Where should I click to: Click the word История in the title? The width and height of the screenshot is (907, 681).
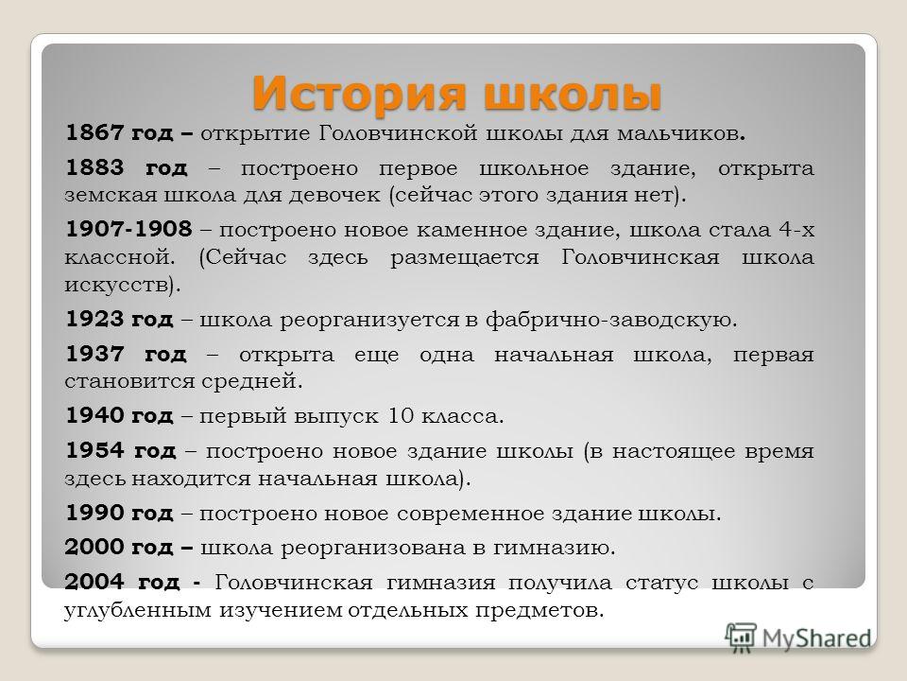(x=359, y=93)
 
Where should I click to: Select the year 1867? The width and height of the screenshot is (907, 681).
(x=94, y=132)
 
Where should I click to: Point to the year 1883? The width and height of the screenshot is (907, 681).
(x=94, y=167)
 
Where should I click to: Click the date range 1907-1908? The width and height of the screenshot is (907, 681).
(x=128, y=229)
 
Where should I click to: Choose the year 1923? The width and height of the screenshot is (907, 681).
(x=94, y=319)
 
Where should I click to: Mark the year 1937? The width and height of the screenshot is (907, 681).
(x=94, y=353)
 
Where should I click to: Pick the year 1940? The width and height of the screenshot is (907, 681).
(x=94, y=415)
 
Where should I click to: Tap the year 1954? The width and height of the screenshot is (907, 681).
(x=94, y=450)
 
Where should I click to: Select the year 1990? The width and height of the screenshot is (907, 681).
(x=94, y=513)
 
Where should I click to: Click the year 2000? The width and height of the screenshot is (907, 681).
(x=94, y=547)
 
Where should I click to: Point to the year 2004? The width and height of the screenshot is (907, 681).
(x=94, y=582)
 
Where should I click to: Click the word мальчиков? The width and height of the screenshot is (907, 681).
(x=681, y=133)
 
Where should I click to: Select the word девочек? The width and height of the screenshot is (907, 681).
(x=334, y=195)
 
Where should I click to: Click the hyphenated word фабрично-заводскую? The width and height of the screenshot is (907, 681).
(x=611, y=320)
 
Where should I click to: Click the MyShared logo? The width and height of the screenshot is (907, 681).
(x=798, y=637)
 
